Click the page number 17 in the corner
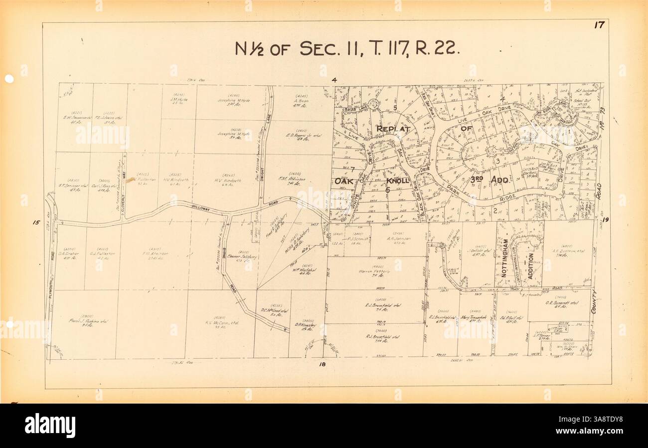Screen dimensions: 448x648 tap(599, 26)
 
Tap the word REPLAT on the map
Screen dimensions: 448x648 tap(393, 129)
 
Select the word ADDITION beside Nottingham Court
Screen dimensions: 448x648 tap(530, 269)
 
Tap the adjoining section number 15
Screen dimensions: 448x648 tap(36, 223)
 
